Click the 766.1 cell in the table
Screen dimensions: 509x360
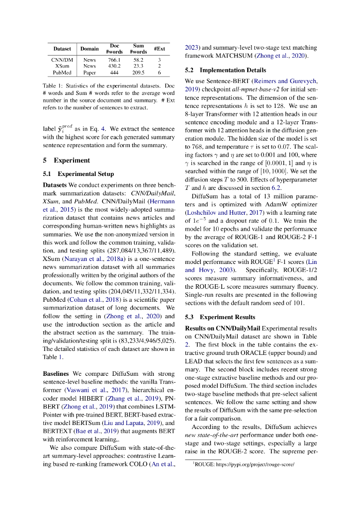click(x=114, y=60)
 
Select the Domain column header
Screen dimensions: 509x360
click(x=90, y=49)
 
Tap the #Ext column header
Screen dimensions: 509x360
click(x=159, y=49)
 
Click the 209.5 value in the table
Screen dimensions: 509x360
click(x=138, y=72)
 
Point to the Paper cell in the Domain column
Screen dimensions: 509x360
click(x=90, y=72)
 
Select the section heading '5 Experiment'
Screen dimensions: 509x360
click(x=66, y=161)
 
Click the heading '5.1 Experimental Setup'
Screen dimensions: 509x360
click(x=78, y=174)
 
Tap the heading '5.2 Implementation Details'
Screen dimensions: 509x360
click(x=225, y=70)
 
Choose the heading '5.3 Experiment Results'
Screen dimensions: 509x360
click(x=220, y=317)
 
